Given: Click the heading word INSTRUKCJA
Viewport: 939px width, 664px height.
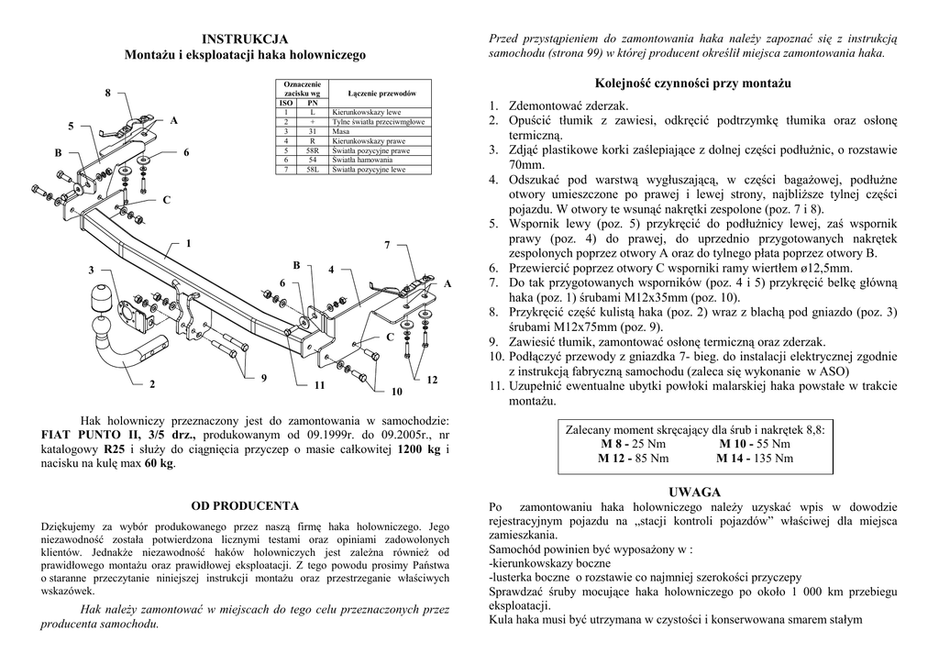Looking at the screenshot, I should point(245,39).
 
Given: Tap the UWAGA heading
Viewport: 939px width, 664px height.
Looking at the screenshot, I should point(694,492).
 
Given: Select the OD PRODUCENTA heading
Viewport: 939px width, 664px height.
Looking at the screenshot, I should point(245,505).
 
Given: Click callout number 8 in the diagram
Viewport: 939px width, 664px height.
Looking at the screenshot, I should point(107,94).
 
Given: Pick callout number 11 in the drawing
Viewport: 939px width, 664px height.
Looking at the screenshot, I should point(318,386).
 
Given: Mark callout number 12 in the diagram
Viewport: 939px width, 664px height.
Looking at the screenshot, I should point(432,380).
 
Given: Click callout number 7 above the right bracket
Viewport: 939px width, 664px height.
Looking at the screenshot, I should point(387,245).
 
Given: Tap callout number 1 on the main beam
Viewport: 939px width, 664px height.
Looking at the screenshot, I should point(188,243).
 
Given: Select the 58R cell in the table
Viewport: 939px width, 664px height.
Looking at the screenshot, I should point(313,150).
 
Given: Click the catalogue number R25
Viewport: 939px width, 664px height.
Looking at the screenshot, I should point(115,449).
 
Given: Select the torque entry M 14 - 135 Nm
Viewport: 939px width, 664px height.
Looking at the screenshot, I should point(756,458).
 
